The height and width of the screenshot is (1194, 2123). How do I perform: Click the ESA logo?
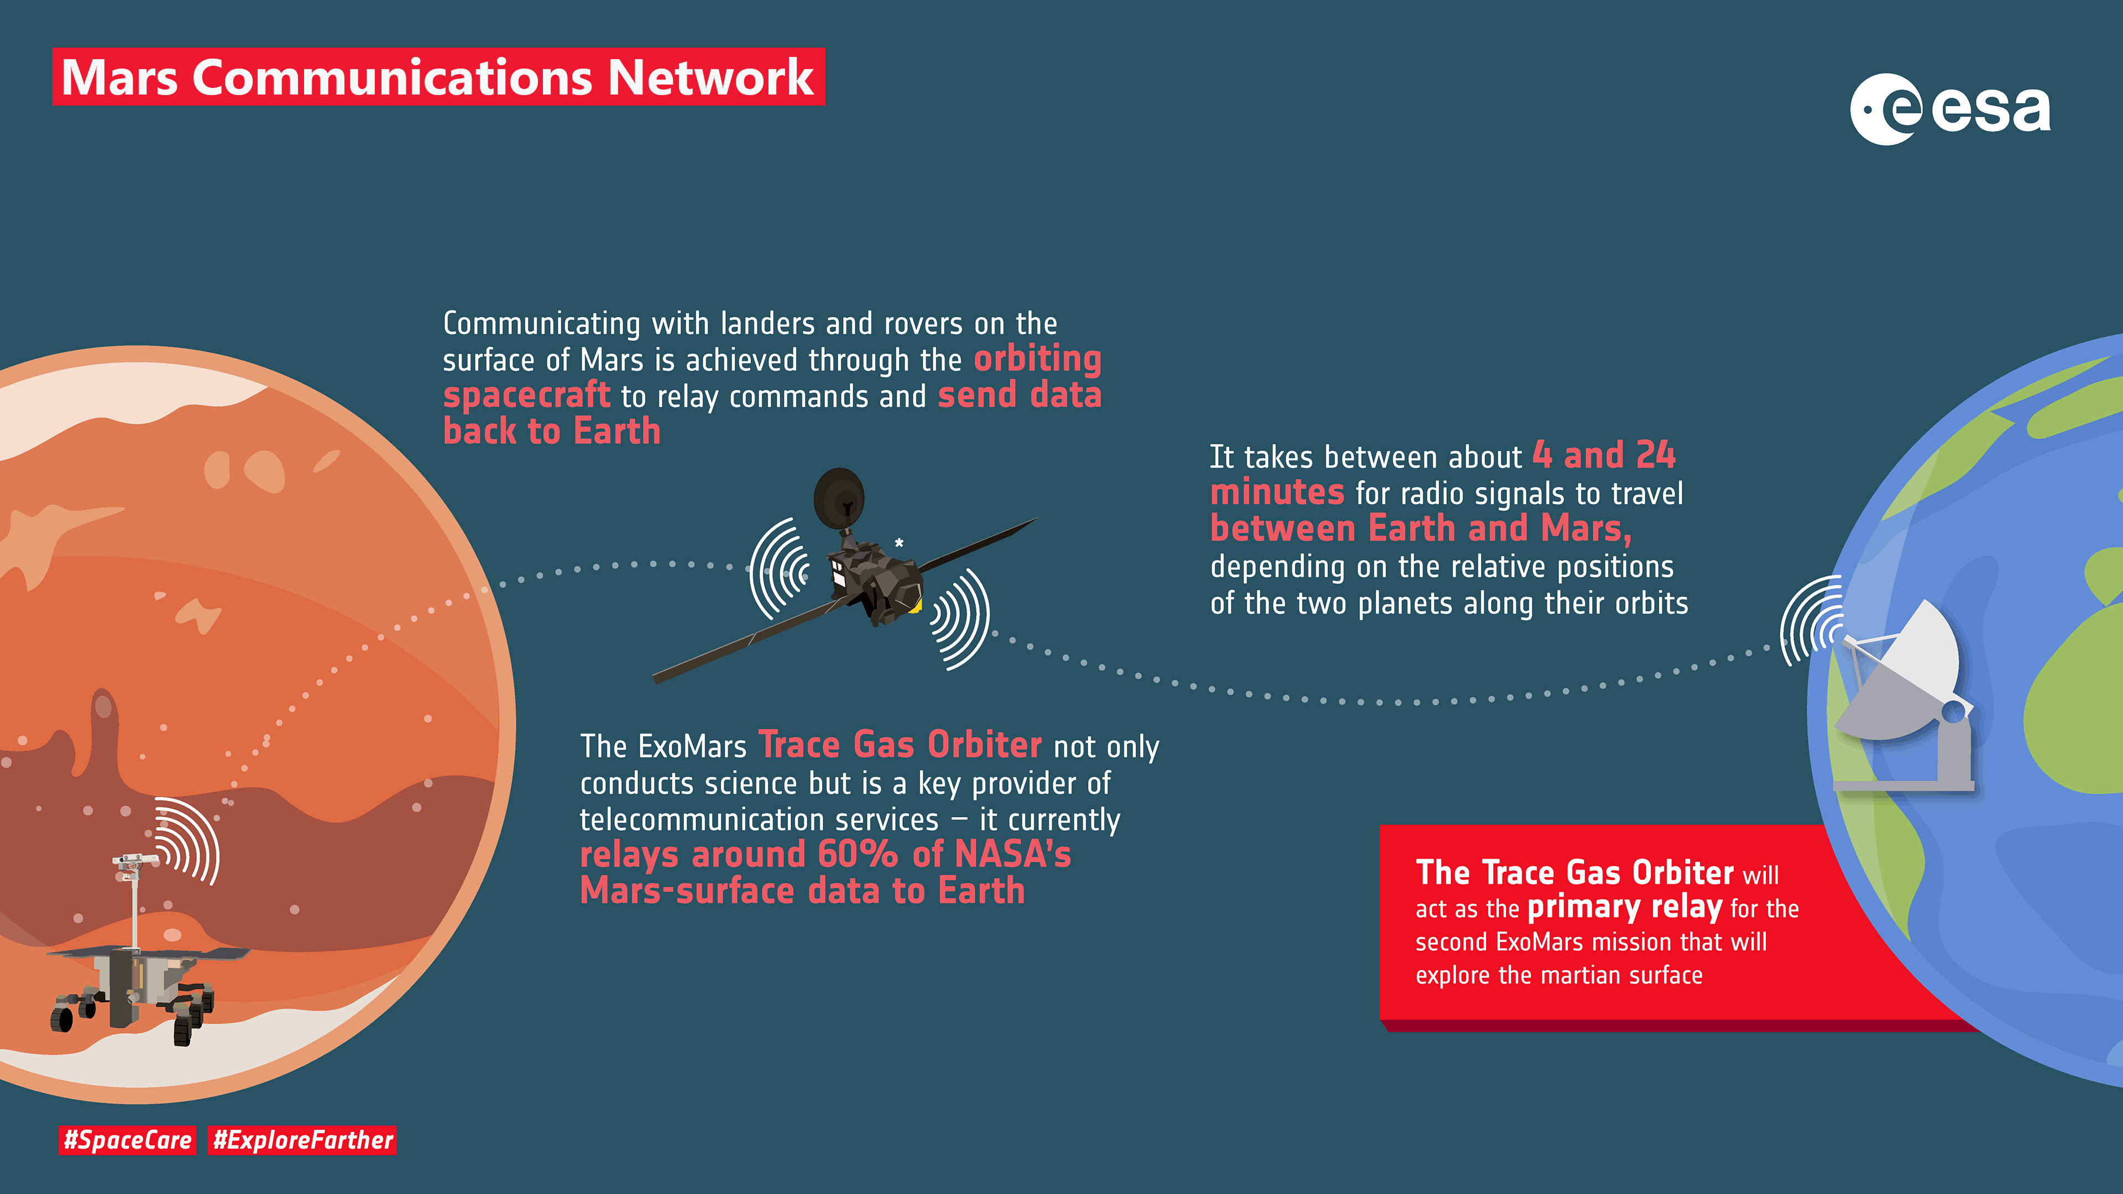(x=1950, y=109)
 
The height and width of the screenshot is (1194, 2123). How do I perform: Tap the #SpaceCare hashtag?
(x=127, y=1140)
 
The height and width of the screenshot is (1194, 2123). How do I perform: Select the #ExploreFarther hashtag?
(x=302, y=1140)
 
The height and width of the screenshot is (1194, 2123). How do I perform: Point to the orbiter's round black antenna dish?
(x=839, y=499)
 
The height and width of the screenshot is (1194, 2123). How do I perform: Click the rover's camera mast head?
(x=134, y=861)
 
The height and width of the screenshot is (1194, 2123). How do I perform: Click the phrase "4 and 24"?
(x=1604, y=455)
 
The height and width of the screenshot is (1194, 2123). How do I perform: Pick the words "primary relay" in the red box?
(x=1624, y=907)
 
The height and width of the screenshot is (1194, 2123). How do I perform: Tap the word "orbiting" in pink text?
(x=1038, y=359)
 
